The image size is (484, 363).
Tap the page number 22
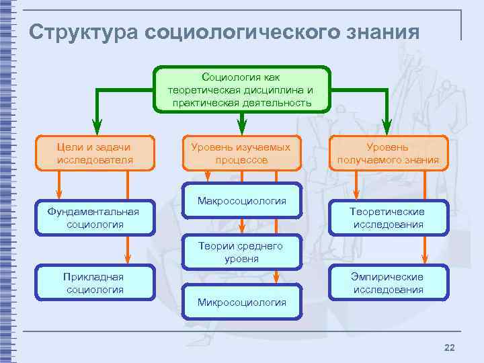pyautogui.click(x=450, y=347)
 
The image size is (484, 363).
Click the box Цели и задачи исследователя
pyautogui.click(x=95, y=153)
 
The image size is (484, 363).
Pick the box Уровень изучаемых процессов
pyautogui.click(x=241, y=153)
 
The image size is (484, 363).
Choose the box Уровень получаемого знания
pyautogui.click(x=388, y=153)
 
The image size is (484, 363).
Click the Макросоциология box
pyautogui.click(x=241, y=201)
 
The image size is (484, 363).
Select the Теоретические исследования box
pyautogui.click(x=388, y=218)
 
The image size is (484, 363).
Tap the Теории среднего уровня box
pyautogui.click(x=241, y=252)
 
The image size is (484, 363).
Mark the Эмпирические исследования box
pyautogui.click(x=388, y=283)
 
